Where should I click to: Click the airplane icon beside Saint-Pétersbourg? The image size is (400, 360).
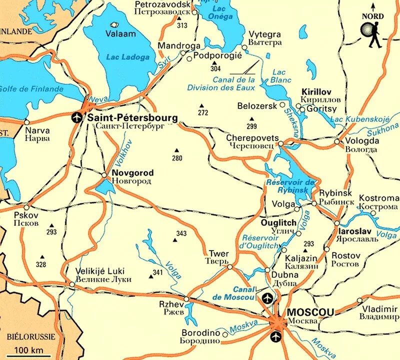[x=76, y=118]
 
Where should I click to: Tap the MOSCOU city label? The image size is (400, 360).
[x=310, y=312]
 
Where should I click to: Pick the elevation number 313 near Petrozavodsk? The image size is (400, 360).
[x=182, y=25]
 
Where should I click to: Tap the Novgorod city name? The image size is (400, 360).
[x=132, y=173]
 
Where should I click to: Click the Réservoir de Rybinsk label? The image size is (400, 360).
[x=290, y=185]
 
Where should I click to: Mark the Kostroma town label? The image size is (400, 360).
[x=378, y=198]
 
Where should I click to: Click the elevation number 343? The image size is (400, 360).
[x=181, y=233]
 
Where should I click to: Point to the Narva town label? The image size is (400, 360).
[x=37, y=130]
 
